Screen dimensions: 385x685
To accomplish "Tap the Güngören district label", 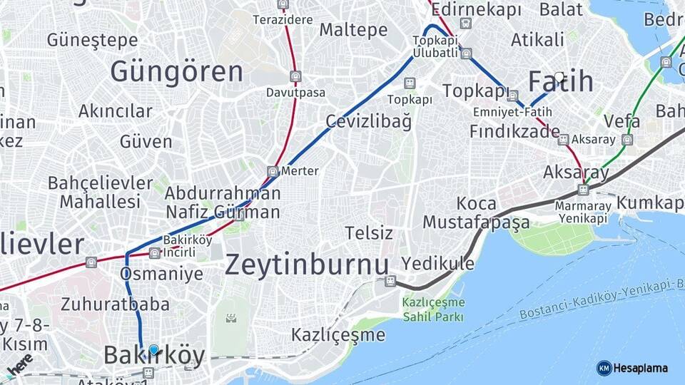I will (x=176, y=72).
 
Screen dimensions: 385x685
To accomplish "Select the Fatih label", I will (x=561, y=82).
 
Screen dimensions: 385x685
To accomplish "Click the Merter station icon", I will (x=273, y=171).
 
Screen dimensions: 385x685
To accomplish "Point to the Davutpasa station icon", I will (x=295, y=77).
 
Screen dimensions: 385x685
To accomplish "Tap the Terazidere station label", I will (x=283, y=19).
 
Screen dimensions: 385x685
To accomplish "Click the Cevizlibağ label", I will (x=368, y=121).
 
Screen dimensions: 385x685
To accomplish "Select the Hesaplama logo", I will (x=632, y=368).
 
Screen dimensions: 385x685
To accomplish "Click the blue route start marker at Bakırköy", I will (x=153, y=349).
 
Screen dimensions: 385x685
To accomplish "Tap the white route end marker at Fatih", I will (x=559, y=76).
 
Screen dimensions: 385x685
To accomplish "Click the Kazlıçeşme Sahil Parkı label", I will (x=433, y=309).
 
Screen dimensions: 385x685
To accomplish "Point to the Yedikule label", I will (x=437, y=264).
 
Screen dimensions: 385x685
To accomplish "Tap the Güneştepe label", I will (x=92, y=40).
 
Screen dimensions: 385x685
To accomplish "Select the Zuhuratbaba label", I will (x=115, y=304).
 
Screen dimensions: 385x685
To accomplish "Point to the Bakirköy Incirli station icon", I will (x=155, y=252).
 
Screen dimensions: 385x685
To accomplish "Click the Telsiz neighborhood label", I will (x=369, y=233).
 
